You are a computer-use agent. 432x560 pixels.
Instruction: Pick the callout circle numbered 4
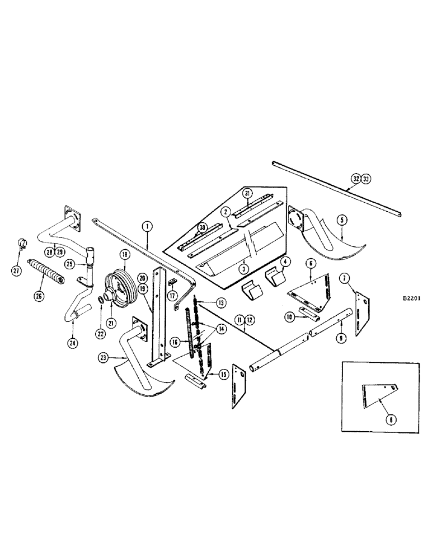pyautogui.click(x=285, y=261)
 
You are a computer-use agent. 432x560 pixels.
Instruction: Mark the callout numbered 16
pyautogui.click(x=175, y=340)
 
